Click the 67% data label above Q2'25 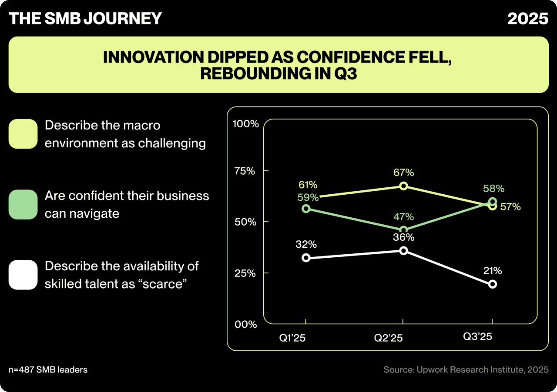tap(403, 173)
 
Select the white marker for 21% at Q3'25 tap(492, 284)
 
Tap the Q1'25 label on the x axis tap(292, 338)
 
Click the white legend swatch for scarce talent tap(23, 275)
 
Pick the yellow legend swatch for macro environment tap(23, 134)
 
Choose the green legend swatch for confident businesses tap(23, 204)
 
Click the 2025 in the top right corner tap(528, 18)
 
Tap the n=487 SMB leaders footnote tap(48, 370)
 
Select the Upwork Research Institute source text tap(466, 370)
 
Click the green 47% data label tap(403, 217)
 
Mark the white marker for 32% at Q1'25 tap(306, 258)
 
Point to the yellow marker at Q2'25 tap(403, 186)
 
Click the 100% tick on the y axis tap(246, 124)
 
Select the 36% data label tap(403, 237)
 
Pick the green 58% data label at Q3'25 tap(493, 189)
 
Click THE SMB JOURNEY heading tap(85, 18)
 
